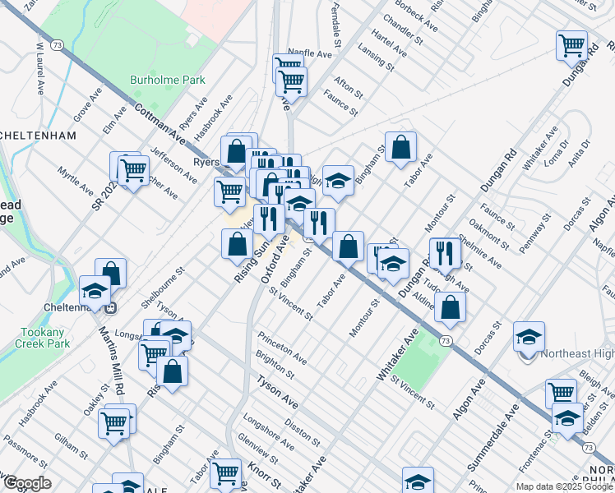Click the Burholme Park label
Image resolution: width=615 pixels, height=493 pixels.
167,81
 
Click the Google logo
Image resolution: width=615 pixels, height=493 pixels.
27,483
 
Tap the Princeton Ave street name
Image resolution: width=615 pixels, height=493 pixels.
282,349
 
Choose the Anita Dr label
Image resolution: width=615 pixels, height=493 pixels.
580,156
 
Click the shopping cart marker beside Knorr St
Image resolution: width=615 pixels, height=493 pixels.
225,472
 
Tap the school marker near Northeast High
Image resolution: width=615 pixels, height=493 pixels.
529,335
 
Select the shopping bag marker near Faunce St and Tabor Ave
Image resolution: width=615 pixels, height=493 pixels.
400,147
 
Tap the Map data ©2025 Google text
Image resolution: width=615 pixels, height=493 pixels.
563,486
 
